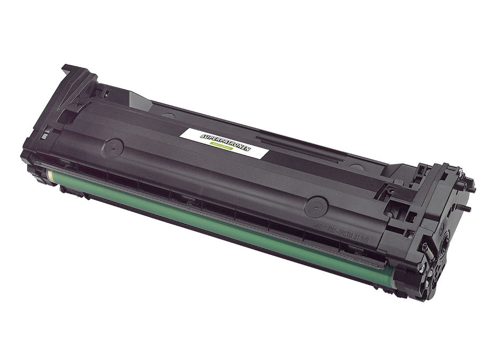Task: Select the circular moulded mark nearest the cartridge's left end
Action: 113,147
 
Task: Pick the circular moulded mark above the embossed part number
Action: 317,206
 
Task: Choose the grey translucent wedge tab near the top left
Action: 139,100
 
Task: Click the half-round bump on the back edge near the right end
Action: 357,168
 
